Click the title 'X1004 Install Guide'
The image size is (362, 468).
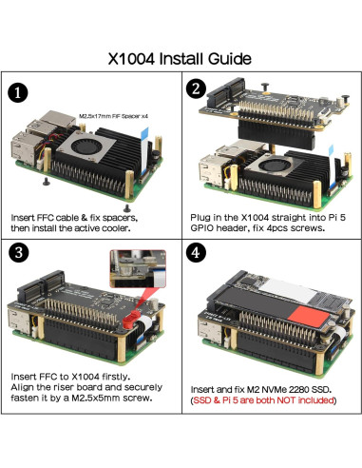click(181, 59)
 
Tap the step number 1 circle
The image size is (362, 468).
click(16, 93)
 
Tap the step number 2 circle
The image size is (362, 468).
click(195, 91)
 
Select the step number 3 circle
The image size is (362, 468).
click(17, 255)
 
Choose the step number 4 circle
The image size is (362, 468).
click(195, 255)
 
